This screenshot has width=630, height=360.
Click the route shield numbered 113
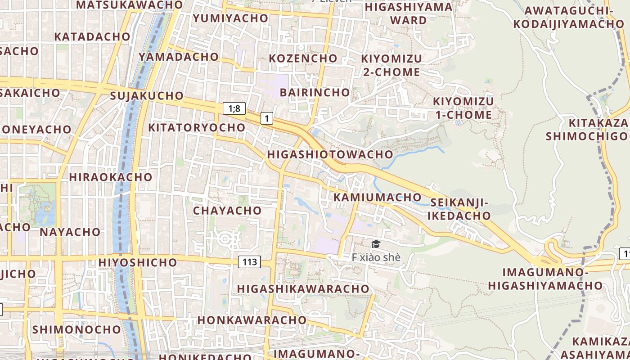pos(249,261)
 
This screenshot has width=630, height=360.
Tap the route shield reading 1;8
pos(234,108)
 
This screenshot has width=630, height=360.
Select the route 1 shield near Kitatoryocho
pos(267,118)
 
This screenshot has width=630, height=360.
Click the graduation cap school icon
pos(376,244)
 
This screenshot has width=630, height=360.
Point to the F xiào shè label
pos(376,257)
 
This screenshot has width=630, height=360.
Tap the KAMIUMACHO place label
pos(377,197)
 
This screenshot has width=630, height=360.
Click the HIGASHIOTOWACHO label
pos(330,154)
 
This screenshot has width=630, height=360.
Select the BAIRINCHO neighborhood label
pos(315,92)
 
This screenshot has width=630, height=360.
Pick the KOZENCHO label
pos(303,58)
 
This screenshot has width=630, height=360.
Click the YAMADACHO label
pos(179,57)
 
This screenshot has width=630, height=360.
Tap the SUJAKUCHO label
pos(147,95)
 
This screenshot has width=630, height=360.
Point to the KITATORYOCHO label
pos(197,127)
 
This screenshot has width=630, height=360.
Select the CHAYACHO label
pos(227,210)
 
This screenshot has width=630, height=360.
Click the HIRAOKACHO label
pos(110,177)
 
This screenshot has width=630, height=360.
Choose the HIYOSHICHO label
pos(137,262)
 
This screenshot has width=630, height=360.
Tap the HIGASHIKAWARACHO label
pos(303,288)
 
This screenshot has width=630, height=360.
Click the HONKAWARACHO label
pos(252,320)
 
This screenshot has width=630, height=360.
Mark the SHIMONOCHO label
pos(76,329)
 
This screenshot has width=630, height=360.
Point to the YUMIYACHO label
pos(230,18)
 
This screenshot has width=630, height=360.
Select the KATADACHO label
pos(92,36)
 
